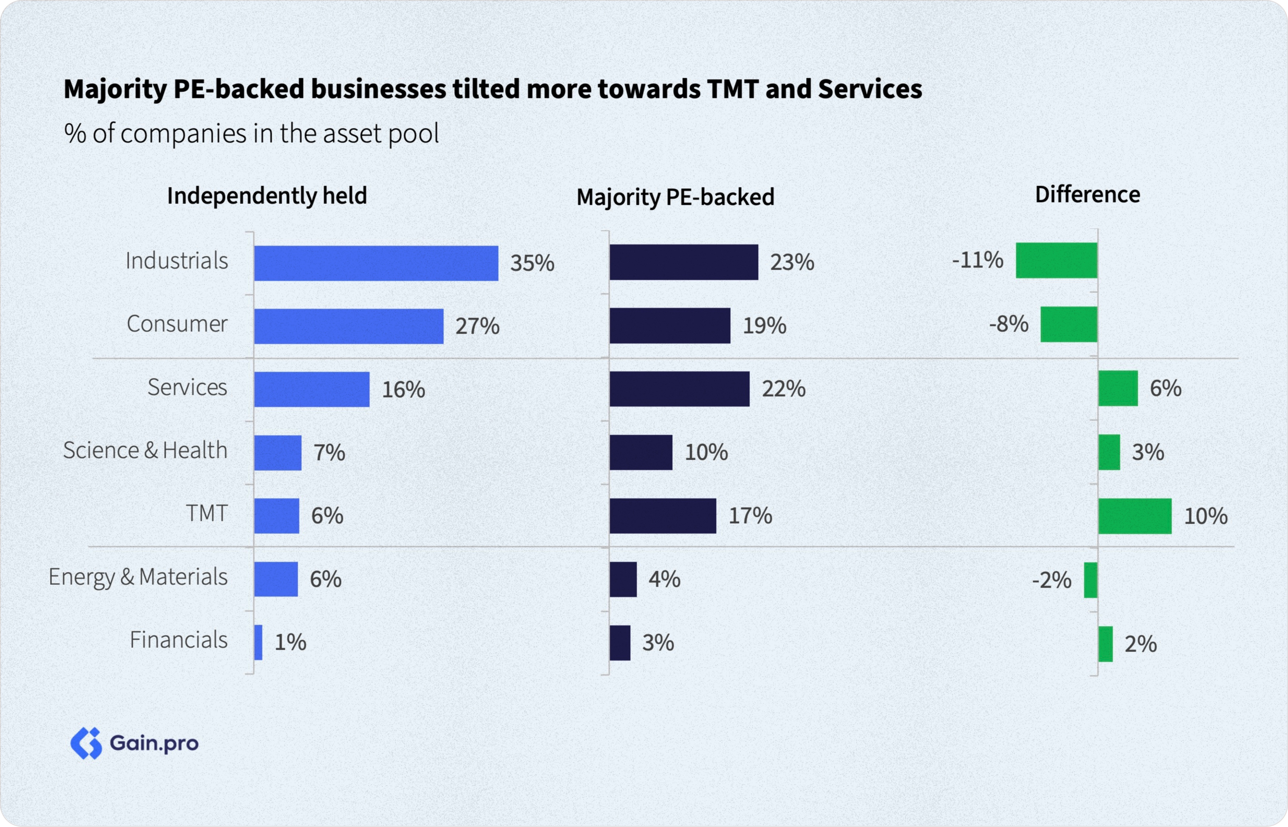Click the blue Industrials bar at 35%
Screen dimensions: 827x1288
pyautogui.click(x=376, y=263)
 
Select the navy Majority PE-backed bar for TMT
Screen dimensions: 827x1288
pyautogui.click(x=662, y=516)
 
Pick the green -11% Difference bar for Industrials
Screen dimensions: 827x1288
pyautogui.click(x=1056, y=261)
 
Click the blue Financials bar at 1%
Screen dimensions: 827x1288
pyautogui.click(x=258, y=642)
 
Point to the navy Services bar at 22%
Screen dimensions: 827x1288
pyautogui.click(x=679, y=389)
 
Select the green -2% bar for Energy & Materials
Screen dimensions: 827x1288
pyautogui.click(x=1090, y=580)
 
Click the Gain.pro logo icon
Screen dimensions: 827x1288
pyautogui.click(x=86, y=743)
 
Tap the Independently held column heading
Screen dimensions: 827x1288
pyautogui.click(x=267, y=195)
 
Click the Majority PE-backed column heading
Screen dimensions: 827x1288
pyautogui.click(x=675, y=197)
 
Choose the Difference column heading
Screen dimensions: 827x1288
pyautogui.click(x=1087, y=194)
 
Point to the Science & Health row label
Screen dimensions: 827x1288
pyautogui.click(x=145, y=450)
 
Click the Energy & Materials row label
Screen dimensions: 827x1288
pyautogui.click(x=138, y=577)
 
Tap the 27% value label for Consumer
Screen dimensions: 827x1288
pyautogui.click(x=477, y=326)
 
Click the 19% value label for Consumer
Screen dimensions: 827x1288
pyautogui.click(x=764, y=325)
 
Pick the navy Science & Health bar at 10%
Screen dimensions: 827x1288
pyautogui.click(x=640, y=452)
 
